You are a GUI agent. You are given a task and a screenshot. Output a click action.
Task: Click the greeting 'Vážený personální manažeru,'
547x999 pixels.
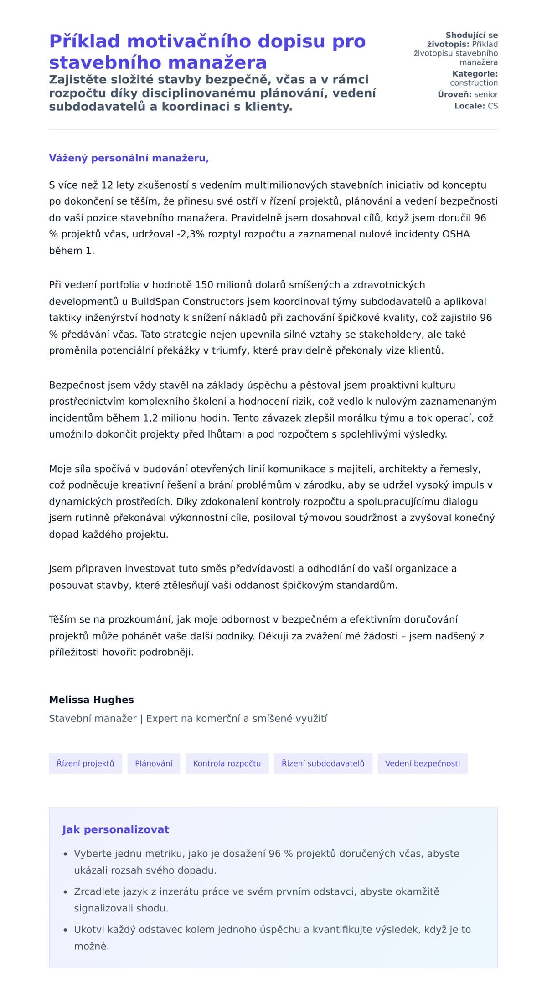click(129, 158)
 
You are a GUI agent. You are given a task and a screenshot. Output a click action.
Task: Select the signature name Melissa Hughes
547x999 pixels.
click(91, 700)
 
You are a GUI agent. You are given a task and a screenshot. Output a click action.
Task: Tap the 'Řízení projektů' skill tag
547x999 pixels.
click(85, 763)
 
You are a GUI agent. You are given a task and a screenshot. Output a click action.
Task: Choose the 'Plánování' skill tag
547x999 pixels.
click(154, 763)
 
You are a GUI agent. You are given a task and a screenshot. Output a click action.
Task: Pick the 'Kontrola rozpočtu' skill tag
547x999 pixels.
click(227, 763)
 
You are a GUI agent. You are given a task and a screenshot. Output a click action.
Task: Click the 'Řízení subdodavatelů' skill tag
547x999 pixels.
click(323, 763)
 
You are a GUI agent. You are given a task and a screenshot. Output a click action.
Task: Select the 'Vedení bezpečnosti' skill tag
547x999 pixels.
click(422, 763)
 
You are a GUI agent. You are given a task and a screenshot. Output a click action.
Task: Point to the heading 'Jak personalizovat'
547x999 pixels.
click(115, 829)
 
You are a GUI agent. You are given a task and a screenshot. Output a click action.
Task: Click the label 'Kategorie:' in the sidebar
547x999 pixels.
click(475, 74)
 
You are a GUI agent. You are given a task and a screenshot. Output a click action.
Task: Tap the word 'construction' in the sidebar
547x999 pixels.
click(474, 83)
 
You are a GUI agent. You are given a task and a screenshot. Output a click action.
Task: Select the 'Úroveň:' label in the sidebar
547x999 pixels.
click(454, 94)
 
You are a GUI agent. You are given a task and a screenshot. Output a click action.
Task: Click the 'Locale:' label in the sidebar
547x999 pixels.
click(469, 106)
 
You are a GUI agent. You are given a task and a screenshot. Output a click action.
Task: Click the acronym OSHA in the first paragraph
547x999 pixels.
click(456, 234)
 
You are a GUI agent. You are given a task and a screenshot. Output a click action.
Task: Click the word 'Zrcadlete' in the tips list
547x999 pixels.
click(96, 891)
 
